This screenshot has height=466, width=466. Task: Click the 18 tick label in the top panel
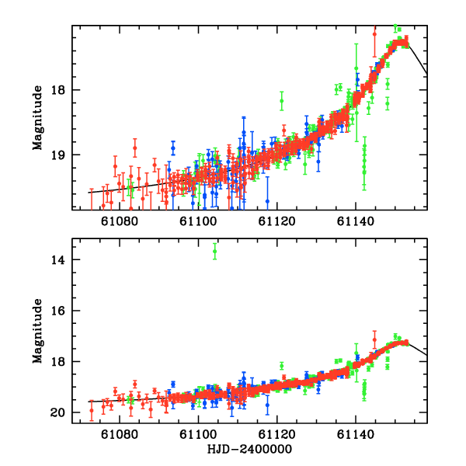click(x=60, y=90)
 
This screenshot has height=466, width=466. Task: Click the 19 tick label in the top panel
click(x=60, y=155)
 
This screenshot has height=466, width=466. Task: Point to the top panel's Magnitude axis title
click(x=37, y=117)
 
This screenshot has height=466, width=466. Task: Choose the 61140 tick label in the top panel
click(x=355, y=222)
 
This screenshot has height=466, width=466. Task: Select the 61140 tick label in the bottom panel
click(x=355, y=436)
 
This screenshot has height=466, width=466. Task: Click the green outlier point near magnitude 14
click(x=215, y=252)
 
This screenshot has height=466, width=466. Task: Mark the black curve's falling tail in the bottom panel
click(x=419, y=350)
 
